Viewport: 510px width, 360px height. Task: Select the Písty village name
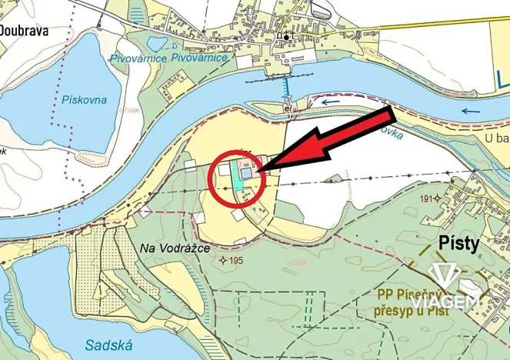458,244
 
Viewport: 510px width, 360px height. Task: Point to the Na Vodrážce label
175,248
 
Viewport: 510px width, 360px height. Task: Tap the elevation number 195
236,261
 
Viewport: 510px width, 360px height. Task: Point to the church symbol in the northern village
286,37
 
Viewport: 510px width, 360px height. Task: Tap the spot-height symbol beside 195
223,261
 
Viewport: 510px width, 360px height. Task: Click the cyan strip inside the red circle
234,172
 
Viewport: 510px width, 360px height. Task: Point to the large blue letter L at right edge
502,79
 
